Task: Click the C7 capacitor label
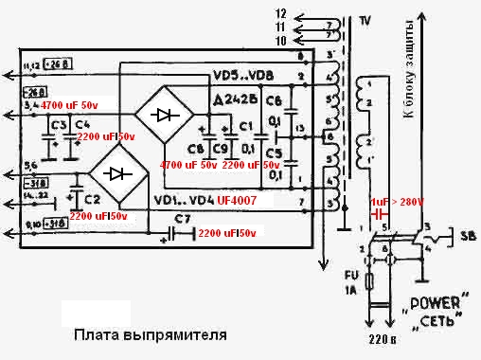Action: [182, 220]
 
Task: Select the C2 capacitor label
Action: [91, 199]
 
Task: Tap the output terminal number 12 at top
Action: [306, 15]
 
